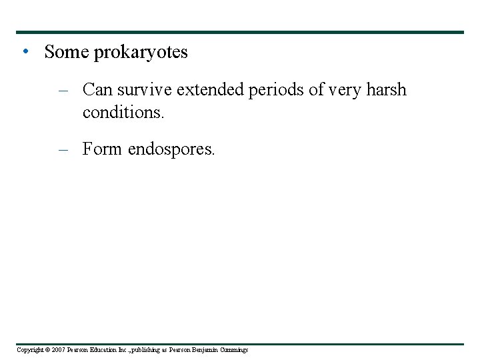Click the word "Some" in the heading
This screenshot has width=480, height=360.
point(66,52)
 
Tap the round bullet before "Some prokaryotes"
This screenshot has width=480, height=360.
point(24,52)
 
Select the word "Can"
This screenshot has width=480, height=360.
point(97,90)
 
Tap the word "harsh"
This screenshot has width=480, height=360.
point(387,90)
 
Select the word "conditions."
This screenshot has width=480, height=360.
point(123,113)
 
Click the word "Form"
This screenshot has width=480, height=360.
point(102,149)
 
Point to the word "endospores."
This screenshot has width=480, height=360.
point(171,150)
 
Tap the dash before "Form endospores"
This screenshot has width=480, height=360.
point(63,149)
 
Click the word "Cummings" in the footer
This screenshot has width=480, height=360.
point(233,350)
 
